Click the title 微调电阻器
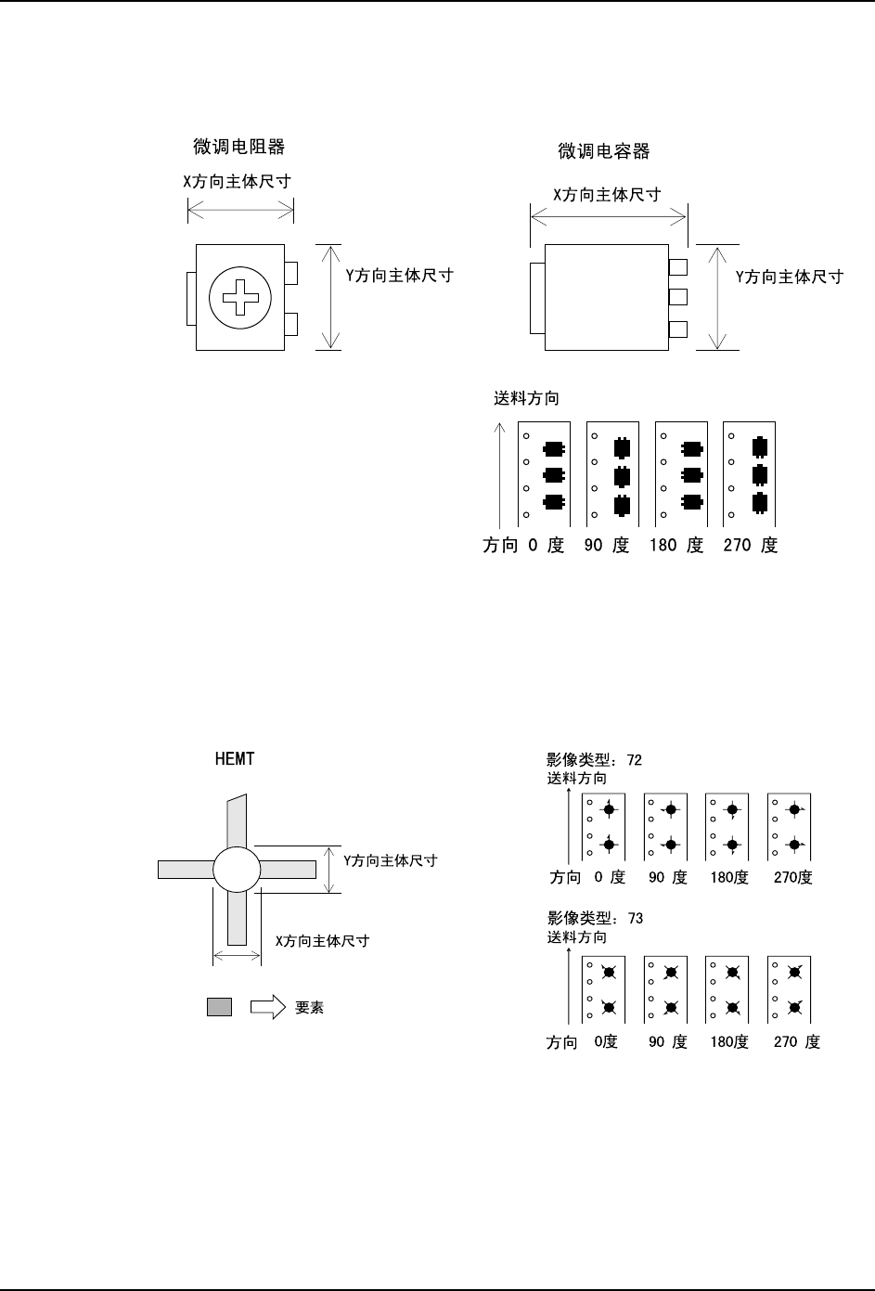[x=239, y=147]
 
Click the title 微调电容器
[x=604, y=151]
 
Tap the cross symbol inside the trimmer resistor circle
[x=240, y=298]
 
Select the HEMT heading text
[x=235, y=758]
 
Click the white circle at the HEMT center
[x=237, y=869]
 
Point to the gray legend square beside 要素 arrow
[x=220, y=1007]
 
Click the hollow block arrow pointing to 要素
[x=268, y=1007]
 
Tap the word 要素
[x=309, y=1007]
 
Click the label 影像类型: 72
[x=595, y=759]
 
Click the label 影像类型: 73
[x=595, y=918]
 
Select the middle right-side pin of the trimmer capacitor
[x=678, y=297]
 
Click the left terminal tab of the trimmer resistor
[x=191, y=299]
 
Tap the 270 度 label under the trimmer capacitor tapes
[x=751, y=545]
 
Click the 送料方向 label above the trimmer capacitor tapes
[x=526, y=398]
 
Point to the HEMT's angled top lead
[x=237, y=821]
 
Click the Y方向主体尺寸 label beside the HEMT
[x=391, y=860]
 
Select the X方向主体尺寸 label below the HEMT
[x=323, y=941]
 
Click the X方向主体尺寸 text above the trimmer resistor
[x=238, y=182]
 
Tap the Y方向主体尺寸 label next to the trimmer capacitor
[x=790, y=278]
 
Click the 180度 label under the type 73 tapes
[x=729, y=1042]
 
